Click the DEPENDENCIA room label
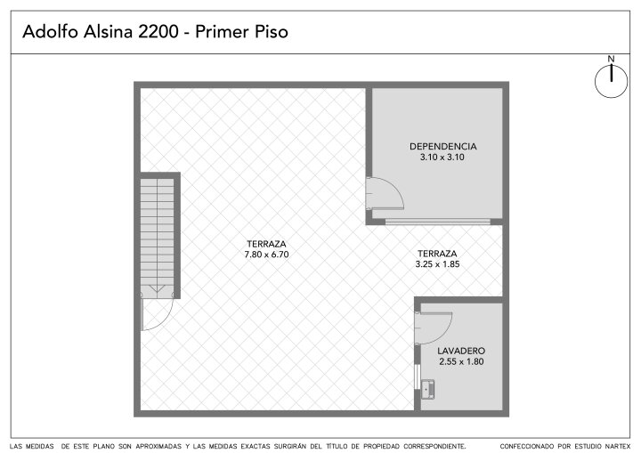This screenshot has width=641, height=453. click(442, 146)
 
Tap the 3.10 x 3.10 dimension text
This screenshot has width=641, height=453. click(442, 157)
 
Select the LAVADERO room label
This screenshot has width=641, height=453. click(461, 351)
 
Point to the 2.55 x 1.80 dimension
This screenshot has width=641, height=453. click(461, 361)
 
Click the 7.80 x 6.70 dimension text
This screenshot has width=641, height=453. click(266, 255)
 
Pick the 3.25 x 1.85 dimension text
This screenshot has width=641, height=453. click(437, 264)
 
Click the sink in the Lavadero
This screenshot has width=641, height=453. click(428, 389)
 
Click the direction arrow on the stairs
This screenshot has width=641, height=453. click(157, 289)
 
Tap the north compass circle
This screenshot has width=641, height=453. click(611, 82)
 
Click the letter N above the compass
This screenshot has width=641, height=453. click(611, 59)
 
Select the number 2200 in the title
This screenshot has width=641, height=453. click(158, 31)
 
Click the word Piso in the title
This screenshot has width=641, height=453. click(272, 31)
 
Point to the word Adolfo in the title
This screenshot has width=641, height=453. click(50, 31)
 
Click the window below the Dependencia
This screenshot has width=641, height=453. click(437, 222)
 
